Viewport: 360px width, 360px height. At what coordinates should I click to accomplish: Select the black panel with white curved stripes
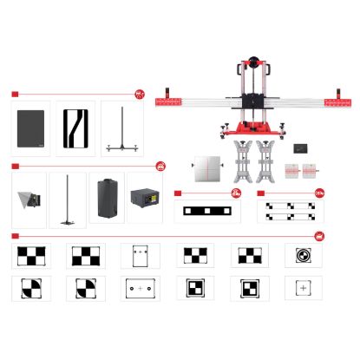click(76, 128)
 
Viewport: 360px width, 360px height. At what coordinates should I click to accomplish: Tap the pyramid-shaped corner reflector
click(29, 200)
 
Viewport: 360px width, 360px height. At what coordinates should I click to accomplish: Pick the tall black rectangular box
click(108, 199)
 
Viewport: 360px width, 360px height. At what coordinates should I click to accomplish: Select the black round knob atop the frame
click(251, 64)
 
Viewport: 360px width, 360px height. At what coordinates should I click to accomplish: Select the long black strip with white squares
click(207, 211)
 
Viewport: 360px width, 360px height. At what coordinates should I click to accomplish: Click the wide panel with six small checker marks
click(290, 211)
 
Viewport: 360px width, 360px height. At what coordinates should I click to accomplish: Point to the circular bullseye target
click(303, 256)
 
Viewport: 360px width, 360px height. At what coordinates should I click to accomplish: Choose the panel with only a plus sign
click(303, 288)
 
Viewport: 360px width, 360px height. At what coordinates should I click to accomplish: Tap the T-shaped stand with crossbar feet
click(121, 130)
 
